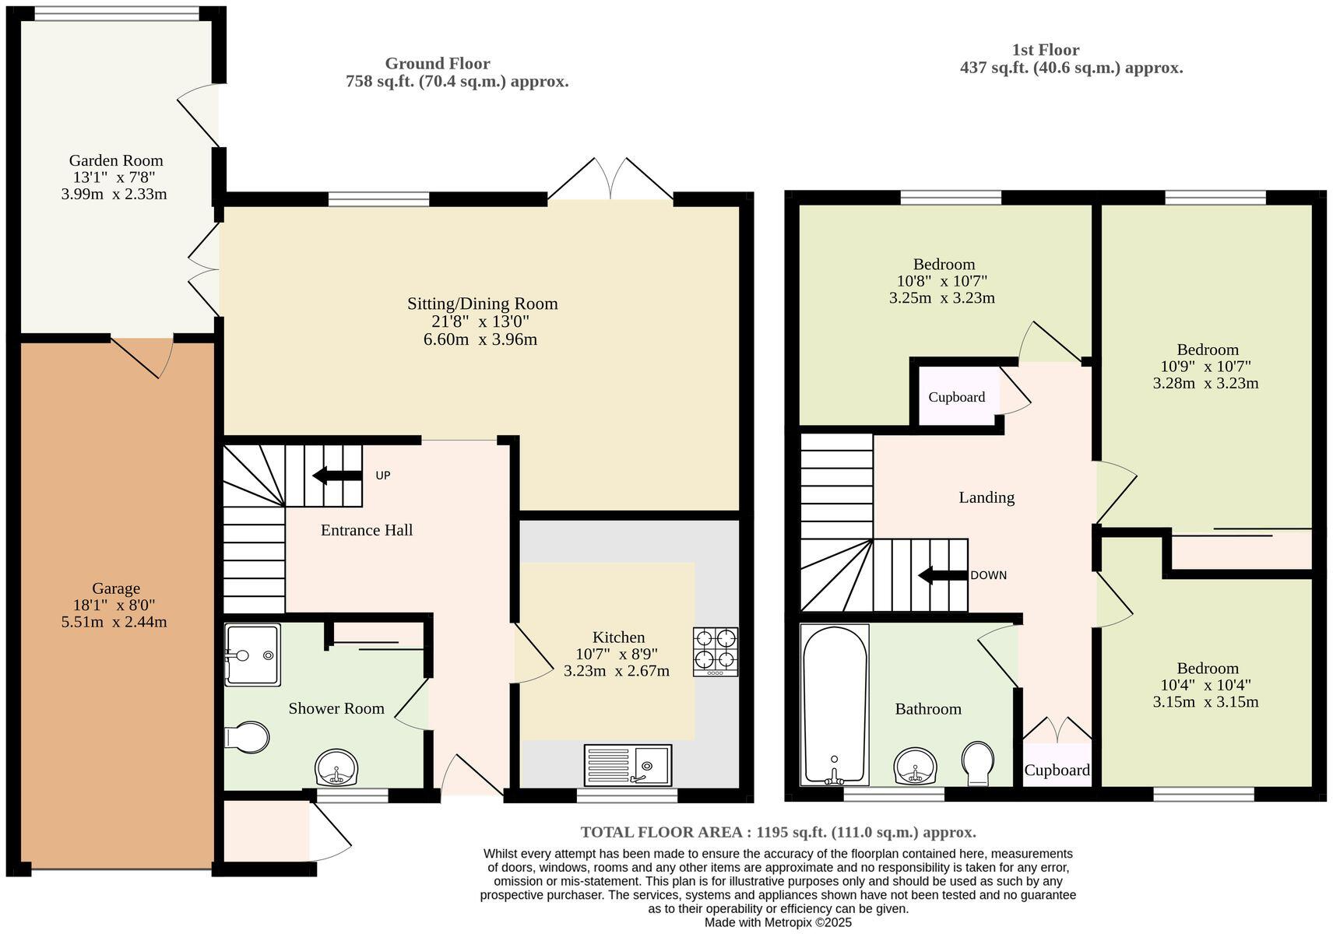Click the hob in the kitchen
tap(716, 651)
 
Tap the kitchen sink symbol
tap(628, 765)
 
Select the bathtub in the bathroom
tap(835, 705)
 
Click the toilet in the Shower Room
tap(247, 737)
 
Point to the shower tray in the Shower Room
tap(252, 655)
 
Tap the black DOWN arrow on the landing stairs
tap(943, 575)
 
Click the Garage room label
tap(116, 588)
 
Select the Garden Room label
tap(115, 160)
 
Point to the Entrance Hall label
tap(366, 530)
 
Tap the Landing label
tap(986, 497)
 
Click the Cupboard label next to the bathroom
tap(1056, 770)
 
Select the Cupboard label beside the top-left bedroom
tap(956, 397)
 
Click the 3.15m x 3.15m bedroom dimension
tap(1205, 702)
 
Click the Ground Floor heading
tap(437, 63)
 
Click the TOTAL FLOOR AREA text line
tap(777, 832)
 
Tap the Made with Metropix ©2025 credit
tap(777, 922)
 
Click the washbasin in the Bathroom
tap(916, 767)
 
